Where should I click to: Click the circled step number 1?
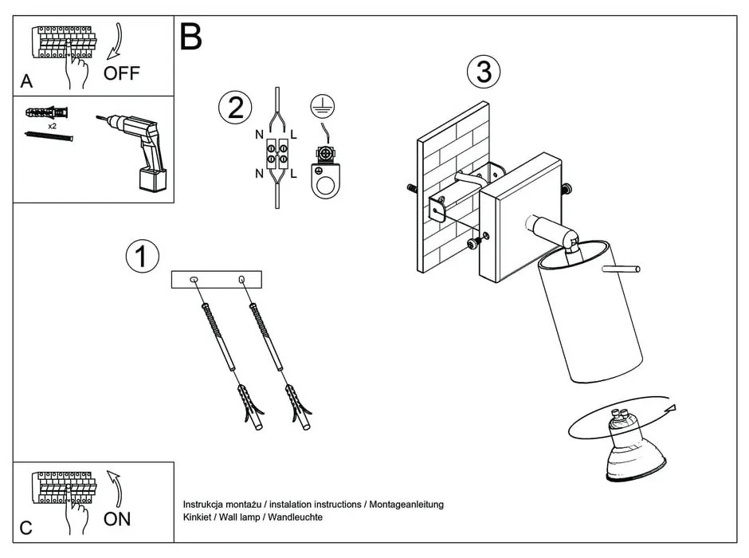[x=142, y=257]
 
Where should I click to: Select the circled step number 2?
[x=235, y=108]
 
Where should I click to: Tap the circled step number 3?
[x=484, y=73]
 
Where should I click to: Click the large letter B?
[x=190, y=37]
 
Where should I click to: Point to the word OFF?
[x=121, y=74]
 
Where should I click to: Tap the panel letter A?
[x=27, y=82]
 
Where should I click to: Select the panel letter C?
[x=26, y=527]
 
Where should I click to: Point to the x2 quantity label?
[x=52, y=126]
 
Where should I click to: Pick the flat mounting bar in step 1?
[x=217, y=280]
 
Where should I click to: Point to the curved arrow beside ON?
[x=115, y=489]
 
